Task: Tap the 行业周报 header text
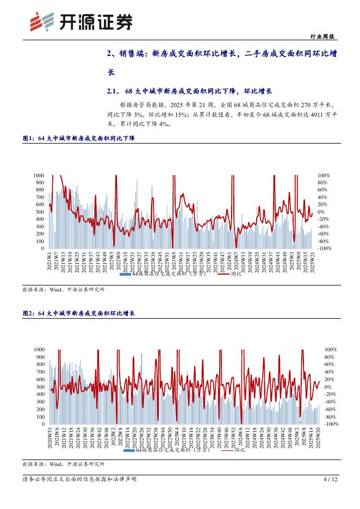(324, 36)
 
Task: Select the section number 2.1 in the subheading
(113, 91)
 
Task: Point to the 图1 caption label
(29, 139)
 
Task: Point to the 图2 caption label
(29, 314)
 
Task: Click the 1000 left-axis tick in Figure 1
(38, 176)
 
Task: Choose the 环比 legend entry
(240, 450)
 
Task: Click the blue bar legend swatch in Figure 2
(129, 450)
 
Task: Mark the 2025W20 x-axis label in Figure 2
(318, 437)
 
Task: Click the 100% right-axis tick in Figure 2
(332, 349)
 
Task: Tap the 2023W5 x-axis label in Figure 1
(174, 260)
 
